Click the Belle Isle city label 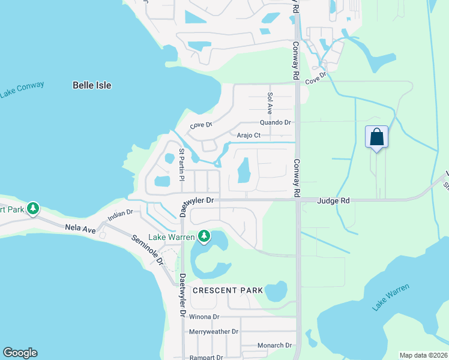[92, 85]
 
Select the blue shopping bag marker [376, 137]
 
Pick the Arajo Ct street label [249, 136]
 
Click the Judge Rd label [333, 201]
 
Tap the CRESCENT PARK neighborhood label [228, 290]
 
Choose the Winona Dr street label [204, 316]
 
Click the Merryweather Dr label [214, 331]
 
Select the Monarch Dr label [274, 345]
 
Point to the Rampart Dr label [206, 358]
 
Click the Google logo [20, 353]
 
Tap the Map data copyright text [423, 355]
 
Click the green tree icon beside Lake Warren [204, 236]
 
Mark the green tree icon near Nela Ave [34, 208]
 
